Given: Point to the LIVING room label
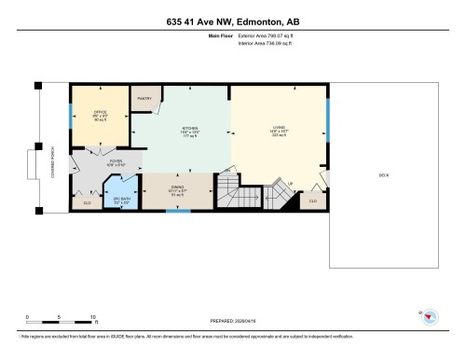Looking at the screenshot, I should click(279, 132).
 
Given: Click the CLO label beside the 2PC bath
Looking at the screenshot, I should click(88, 201).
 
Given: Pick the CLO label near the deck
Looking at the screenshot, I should click(312, 201).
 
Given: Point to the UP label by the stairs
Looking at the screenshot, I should click(290, 183).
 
